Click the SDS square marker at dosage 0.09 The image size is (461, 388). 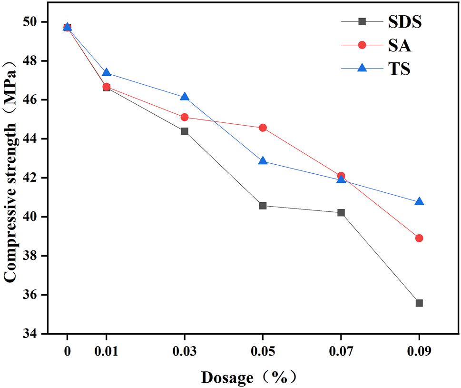click(419, 303)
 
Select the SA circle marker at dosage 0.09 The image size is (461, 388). click(419, 238)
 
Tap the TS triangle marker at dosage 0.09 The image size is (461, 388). click(419, 201)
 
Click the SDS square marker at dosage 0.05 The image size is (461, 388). click(263, 206)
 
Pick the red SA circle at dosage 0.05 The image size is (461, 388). click(263, 128)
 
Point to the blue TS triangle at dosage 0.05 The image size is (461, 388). click(263, 161)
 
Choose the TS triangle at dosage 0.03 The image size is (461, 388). click(185, 97)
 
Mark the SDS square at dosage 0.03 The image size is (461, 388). click(185, 131)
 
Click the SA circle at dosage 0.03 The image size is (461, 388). click(185, 117)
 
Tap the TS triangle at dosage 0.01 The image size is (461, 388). click(107, 72)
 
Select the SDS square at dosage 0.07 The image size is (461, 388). click(341, 212)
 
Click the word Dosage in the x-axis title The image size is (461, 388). click(227, 378)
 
